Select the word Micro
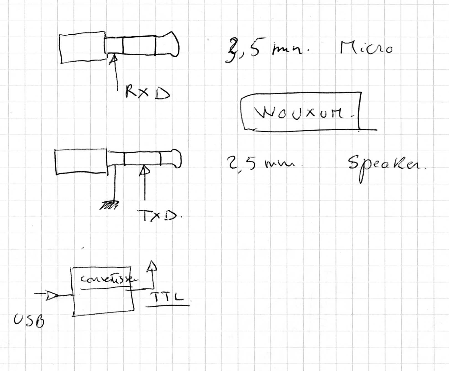click(x=366, y=48)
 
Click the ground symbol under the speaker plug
click(x=109, y=206)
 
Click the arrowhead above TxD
click(x=144, y=170)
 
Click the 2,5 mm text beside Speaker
click(x=259, y=163)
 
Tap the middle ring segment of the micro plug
click(x=139, y=45)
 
